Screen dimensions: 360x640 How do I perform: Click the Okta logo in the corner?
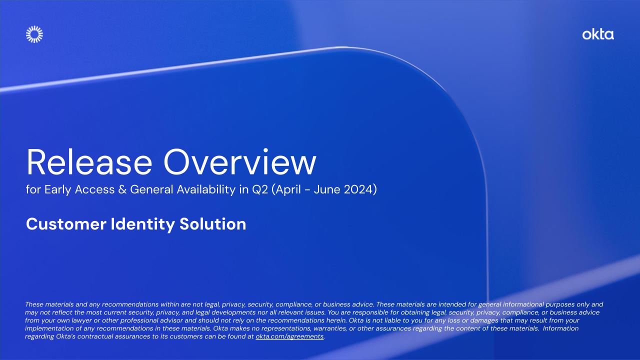click(x=598, y=34)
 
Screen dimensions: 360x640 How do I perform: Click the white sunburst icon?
click(x=34, y=34)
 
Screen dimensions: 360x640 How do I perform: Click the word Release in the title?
click(x=87, y=161)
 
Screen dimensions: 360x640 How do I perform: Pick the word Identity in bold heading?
click(x=143, y=224)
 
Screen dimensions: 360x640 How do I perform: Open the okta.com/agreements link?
click(x=289, y=336)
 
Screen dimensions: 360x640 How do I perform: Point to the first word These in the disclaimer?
click(x=34, y=304)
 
